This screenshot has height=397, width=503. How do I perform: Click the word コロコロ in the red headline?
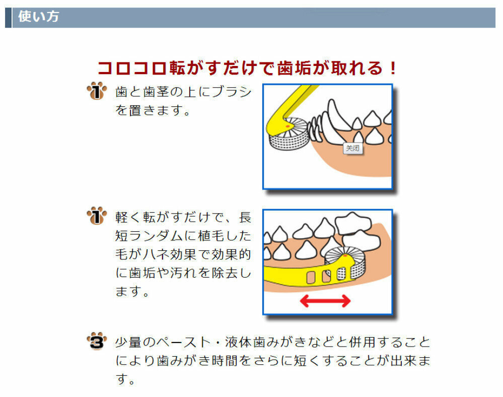132,68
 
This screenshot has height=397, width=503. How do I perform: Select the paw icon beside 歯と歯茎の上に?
97,92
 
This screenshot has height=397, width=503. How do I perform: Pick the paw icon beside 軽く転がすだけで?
97,217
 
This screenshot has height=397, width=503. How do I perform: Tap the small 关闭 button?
352,148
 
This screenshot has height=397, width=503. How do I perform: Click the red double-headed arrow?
325,301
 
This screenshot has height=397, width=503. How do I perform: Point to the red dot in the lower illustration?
345,256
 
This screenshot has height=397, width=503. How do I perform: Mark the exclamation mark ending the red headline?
393,68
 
